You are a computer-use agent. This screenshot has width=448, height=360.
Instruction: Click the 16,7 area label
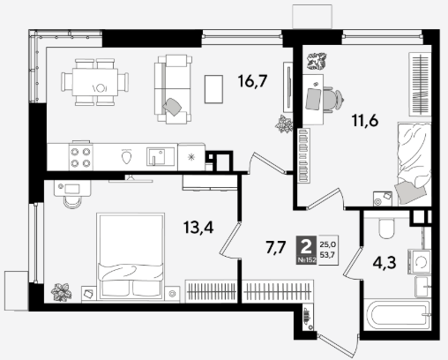pyautogui.click(x=252, y=81)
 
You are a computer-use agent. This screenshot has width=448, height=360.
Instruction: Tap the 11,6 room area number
pyautogui.click(x=365, y=120)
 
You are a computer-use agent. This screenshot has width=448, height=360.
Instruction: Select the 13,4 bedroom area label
pyautogui.click(x=198, y=227)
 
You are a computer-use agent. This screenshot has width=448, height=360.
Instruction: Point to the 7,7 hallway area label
pyautogui.click(x=276, y=247)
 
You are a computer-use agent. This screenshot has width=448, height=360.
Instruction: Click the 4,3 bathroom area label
pyautogui.click(x=385, y=263)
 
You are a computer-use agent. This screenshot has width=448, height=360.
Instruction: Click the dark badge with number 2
pyautogui.click(x=306, y=250)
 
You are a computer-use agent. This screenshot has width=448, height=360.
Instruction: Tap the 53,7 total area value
pyautogui.click(x=327, y=255)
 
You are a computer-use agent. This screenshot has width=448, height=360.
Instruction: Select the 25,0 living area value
pyautogui.click(x=328, y=244)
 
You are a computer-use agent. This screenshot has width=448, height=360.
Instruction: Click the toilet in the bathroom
pyautogui.click(x=386, y=228)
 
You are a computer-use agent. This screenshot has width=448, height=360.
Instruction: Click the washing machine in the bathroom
pyautogui.click(x=420, y=262)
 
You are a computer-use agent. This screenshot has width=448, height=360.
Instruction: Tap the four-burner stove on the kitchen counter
pyautogui.click(x=81, y=156)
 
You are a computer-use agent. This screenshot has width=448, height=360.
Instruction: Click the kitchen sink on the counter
pyautogui.click(x=161, y=156)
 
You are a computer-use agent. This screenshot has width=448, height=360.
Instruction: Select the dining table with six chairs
pyautogui.click(x=95, y=82)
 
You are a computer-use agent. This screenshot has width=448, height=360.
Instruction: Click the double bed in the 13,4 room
pyautogui.click(x=131, y=257)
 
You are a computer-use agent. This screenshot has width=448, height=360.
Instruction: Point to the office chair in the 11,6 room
pyautogui.click(x=333, y=99)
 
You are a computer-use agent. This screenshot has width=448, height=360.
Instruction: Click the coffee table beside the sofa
pyautogui.click(x=213, y=89)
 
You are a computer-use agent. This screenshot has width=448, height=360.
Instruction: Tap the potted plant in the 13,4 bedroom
pyautogui.click(x=62, y=292)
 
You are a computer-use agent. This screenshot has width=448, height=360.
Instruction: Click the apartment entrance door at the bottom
pyautogui.click(x=339, y=345)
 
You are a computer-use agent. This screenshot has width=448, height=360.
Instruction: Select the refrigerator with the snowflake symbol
pyautogui.click(x=191, y=157)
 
